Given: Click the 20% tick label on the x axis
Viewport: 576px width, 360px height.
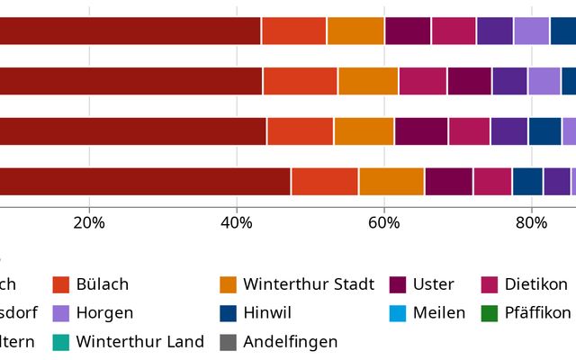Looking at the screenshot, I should pyautogui.click(x=89, y=222).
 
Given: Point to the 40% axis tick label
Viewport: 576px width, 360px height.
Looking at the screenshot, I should pyautogui.click(x=237, y=222).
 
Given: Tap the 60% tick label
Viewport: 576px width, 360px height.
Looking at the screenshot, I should pyautogui.click(x=384, y=222).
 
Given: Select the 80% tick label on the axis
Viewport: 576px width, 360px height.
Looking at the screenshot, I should pyautogui.click(x=532, y=222).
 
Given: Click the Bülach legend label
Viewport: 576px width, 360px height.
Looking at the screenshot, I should pyautogui.click(x=103, y=284).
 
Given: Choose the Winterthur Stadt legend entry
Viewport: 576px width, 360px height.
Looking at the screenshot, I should pyautogui.click(x=308, y=284).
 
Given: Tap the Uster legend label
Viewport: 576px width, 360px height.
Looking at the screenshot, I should pyautogui.click(x=433, y=284).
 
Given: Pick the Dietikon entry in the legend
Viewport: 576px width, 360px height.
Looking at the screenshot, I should pyautogui.click(x=536, y=284).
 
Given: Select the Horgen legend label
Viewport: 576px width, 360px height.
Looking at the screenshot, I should pyautogui.click(x=104, y=313).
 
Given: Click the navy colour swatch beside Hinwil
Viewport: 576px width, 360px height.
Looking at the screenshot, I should pyautogui.click(x=229, y=313).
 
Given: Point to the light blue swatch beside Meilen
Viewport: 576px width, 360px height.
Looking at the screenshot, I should pyautogui.click(x=399, y=313).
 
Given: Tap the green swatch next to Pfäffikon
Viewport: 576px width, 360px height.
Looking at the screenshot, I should pyautogui.click(x=490, y=313).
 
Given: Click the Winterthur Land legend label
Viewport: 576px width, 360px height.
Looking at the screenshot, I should pyautogui.click(x=139, y=342).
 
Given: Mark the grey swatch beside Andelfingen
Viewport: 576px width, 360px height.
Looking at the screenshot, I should pyautogui.click(x=229, y=342).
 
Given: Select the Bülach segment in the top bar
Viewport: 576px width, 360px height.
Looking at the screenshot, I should pyautogui.click(x=293, y=31).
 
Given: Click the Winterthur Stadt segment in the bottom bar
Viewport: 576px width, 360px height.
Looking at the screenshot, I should pyautogui.click(x=391, y=182).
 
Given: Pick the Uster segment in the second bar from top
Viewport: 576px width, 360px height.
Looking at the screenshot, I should pyautogui.click(x=469, y=81).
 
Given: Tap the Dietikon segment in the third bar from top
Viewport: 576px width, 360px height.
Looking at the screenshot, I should pyautogui.click(x=469, y=131).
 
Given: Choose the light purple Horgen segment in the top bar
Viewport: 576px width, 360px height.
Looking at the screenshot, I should pyautogui.click(x=531, y=31).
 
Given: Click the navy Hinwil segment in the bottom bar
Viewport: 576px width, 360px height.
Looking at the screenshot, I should pyautogui.click(x=527, y=182).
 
